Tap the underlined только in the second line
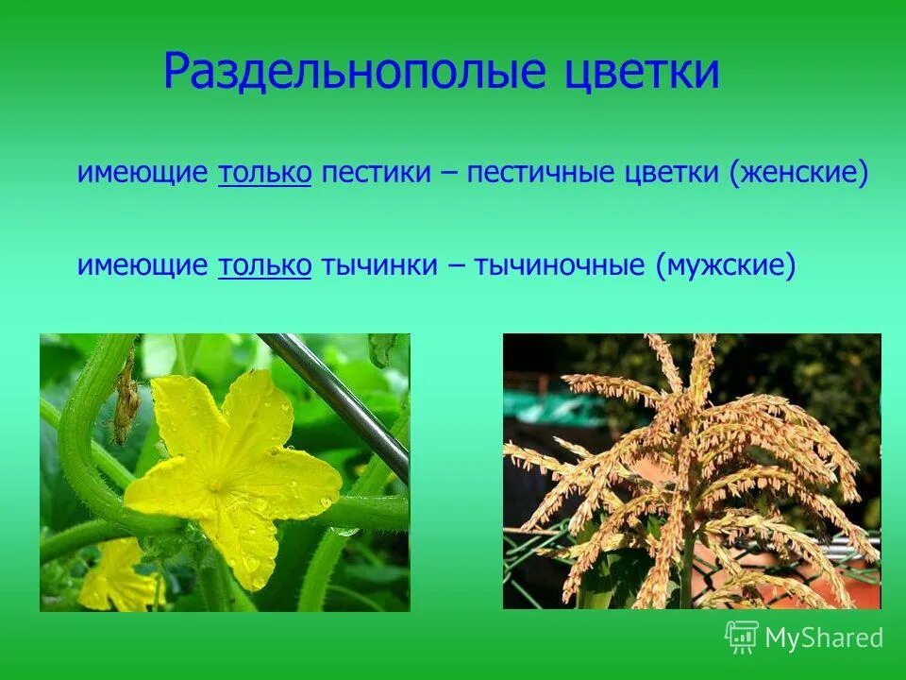point(264,265)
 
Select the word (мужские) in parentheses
point(727,265)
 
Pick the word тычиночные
point(560,265)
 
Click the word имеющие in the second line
point(143,265)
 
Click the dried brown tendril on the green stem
point(126,406)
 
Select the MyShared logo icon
point(742,637)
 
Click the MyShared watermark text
point(824,638)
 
